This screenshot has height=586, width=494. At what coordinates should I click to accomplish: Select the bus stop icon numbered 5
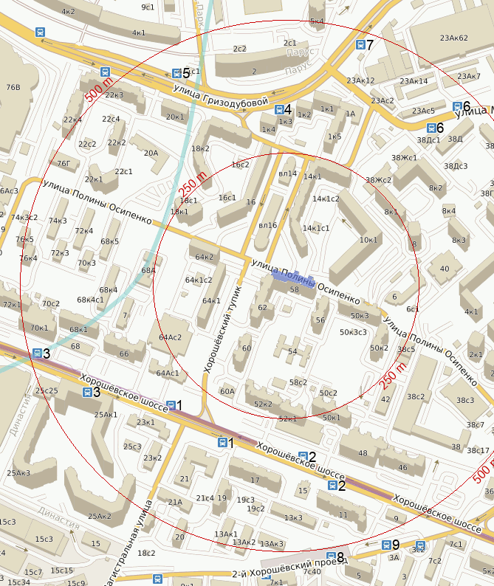[x=176, y=73]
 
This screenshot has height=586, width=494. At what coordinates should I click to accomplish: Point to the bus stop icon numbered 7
[x=360, y=45]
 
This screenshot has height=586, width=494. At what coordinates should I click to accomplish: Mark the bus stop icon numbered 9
[x=385, y=545]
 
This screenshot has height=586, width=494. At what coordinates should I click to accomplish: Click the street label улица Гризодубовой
[x=219, y=95]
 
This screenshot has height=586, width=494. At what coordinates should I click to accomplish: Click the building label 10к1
[x=368, y=240]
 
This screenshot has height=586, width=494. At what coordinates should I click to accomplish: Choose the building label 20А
[x=151, y=153]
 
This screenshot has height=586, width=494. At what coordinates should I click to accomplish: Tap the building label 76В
[x=13, y=87]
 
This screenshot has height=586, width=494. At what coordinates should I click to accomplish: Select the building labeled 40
[x=444, y=269]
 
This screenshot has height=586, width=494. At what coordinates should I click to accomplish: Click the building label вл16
[x=267, y=225]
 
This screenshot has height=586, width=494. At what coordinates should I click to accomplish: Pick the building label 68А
[x=148, y=271]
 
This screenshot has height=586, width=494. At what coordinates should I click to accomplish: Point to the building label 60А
[x=227, y=391]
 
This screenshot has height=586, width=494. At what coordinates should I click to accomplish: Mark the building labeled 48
[x=363, y=453]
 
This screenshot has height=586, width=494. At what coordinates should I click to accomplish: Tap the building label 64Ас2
[x=170, y=337]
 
